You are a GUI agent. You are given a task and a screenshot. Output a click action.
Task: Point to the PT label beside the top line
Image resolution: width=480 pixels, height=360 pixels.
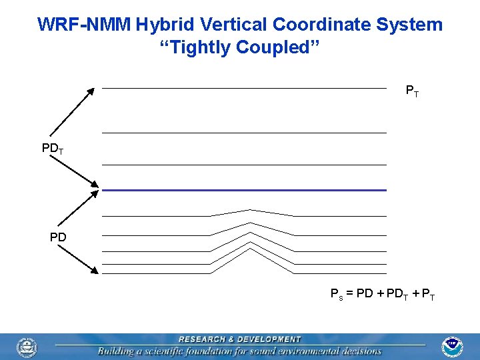pyautogui.click(x=413, y=91)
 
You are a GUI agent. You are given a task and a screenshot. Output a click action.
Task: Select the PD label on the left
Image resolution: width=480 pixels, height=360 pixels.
pyautogui.click(x=57, y=237)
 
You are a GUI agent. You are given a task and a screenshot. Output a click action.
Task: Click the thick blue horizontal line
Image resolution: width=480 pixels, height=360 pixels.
pyautogui.click(x=244, y=190)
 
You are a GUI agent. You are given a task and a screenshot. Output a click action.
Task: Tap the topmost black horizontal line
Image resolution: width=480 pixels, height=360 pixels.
pyautogui.click(x=244, y=88)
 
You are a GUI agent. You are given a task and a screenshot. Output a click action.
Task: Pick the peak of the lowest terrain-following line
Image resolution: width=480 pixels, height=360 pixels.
pyautogui.click(x=251, y=247)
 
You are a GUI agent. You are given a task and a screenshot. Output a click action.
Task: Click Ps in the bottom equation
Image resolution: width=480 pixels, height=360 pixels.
pyautogui.click(x=337, y=294)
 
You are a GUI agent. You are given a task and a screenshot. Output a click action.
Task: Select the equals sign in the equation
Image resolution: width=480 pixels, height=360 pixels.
pyautogui.click(x=350, y=294)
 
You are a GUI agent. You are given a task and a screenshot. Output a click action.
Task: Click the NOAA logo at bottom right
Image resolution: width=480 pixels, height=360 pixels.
pyautogui.click(x=453, y=347)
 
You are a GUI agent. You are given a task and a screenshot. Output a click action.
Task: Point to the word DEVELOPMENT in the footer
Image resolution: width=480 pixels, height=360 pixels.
pyautogui.click(x=268, y=339)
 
